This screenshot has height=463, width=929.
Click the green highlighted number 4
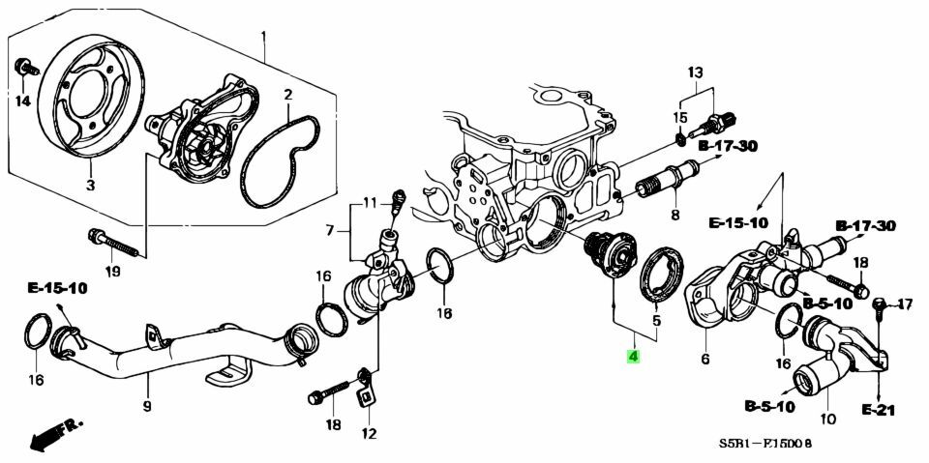[633, 357]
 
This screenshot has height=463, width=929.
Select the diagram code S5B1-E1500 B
[764, 443]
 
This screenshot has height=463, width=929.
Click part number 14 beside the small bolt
[22, 101]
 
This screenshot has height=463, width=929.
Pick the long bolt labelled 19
[114, 244]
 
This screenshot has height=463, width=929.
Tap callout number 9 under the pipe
[147, 406]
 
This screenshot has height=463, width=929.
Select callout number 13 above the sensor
[695, 72]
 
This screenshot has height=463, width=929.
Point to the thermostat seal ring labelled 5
[662, 275]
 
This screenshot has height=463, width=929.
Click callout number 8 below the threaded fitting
[674, 214]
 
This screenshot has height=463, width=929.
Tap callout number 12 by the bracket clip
[369, 435]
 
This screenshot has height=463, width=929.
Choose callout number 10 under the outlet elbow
[827, 420]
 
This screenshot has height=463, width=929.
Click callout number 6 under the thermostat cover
[705, 360]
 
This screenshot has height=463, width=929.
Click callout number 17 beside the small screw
[905, 304]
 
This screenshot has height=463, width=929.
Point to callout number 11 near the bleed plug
[371, 204]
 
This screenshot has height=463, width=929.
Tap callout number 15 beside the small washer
[680, 119]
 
